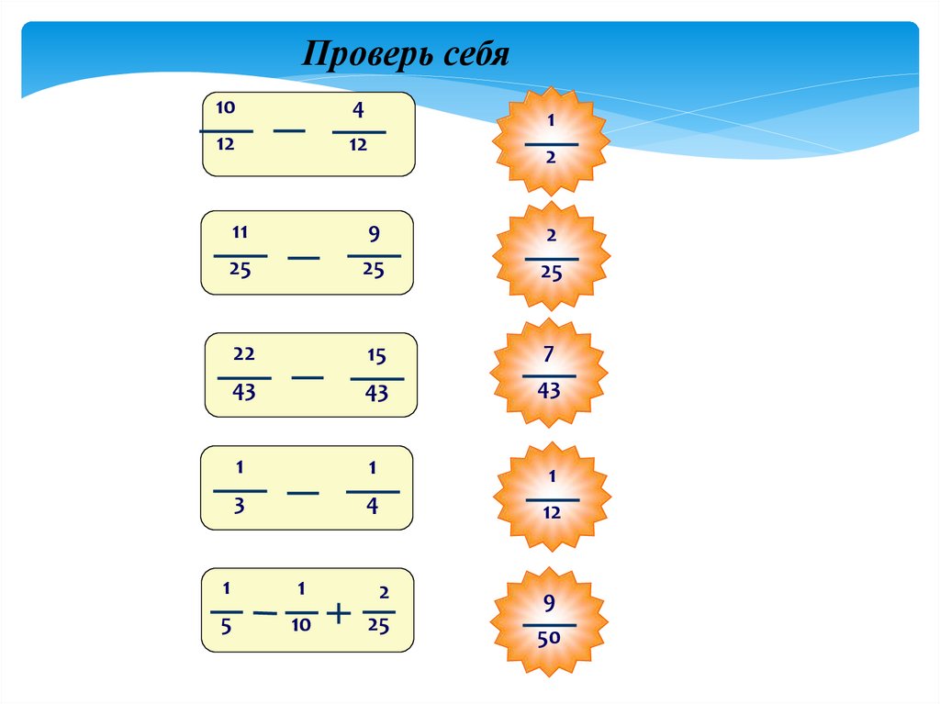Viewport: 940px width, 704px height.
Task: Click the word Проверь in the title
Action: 360,57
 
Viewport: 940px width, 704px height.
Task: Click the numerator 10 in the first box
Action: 226,108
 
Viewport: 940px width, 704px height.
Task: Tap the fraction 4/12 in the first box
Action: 358,129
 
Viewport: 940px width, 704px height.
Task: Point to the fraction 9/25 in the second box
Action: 374,253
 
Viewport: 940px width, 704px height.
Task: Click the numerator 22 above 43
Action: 244,354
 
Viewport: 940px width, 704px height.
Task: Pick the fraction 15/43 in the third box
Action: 376,376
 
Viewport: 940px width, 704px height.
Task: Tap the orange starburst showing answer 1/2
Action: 551,140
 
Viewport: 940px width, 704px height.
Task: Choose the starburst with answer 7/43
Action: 549,374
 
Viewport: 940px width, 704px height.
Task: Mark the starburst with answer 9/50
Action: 550,622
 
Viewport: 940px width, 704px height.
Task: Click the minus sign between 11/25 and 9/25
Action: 304,258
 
